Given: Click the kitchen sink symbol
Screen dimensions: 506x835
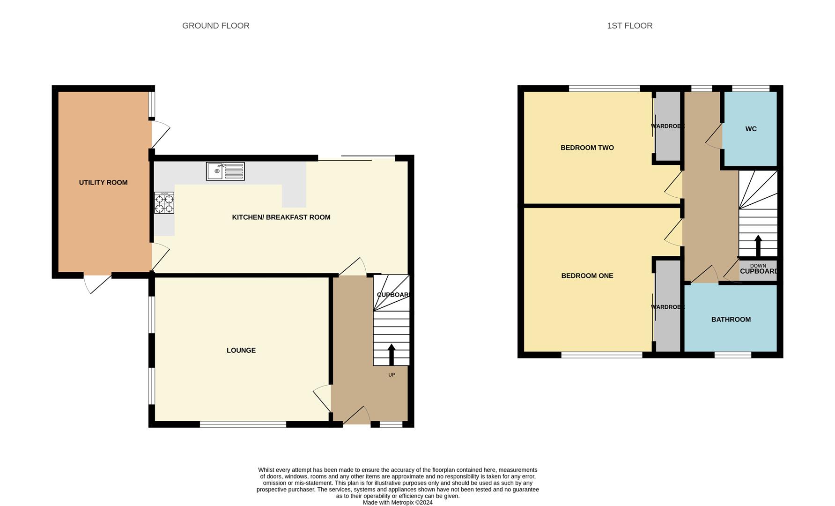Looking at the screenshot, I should pyautogui.click(x=225, y=171).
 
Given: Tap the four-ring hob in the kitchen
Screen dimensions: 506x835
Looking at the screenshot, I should pyautogui.click(x=164, y=203).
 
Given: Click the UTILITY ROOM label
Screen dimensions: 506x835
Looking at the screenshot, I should pyautogui.click(x=103, y=183).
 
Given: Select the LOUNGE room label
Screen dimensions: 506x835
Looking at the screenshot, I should pyautogui.click(x=241, y=350).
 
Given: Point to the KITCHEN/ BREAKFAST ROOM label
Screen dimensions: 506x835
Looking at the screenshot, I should pyautogui.click(x=281, y=217).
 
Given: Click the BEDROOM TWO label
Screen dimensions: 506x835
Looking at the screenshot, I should pyautogui.click(x=587, y=148).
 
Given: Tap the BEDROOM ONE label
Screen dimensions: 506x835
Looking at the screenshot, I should pyautogui.click(x=587, y=276).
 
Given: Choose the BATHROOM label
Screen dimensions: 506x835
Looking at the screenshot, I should pyautogui.click(x=731, y=320).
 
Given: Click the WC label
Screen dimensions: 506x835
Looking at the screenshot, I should pyautogui.click(x=751, y=129).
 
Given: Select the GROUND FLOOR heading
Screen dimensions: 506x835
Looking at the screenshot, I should pyautogui.click(x=215, y=26).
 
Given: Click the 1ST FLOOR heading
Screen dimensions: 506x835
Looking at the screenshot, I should pyautogui.click(x=629, y=26).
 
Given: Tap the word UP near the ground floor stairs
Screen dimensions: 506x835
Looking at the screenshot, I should pyautogui.click(x=392, y=375).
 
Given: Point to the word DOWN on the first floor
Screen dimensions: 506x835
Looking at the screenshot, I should pyautogui.click(x=758, y=266).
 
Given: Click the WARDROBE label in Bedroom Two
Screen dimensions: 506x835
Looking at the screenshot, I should pyautogui.click(x=667, y=126).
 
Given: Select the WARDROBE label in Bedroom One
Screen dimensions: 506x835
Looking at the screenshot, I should pyautogui.click(x=667, y=307).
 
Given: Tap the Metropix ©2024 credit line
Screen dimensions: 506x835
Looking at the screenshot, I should pyautogui.click(x=398, y=503).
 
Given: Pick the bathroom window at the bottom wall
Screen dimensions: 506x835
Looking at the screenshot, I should pyautogui.click(x=733, y=355).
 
